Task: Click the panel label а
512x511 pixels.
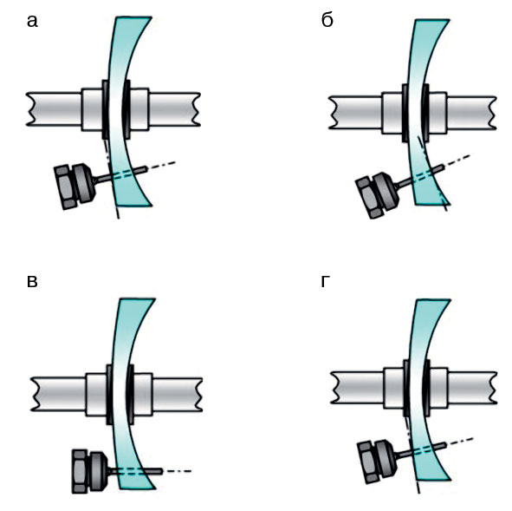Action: tap(32, 22)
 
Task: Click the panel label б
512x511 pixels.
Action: tap(327, 20)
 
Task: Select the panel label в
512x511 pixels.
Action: tap(32, 281)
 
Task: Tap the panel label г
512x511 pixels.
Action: tap(325, 281)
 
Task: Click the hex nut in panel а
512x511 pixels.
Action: tap(66, 187)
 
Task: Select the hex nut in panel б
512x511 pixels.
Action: tap(369, 197)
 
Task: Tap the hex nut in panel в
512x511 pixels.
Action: tap(81, 471)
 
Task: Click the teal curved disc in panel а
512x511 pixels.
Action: tap(121, 111)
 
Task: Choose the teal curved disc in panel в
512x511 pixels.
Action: tap(126, 392)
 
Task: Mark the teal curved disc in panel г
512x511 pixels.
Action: tap(422, 389)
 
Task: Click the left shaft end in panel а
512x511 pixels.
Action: tap(54, 109)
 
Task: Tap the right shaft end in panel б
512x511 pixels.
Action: tap(471, 113)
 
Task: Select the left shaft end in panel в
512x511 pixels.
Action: tap(58, 394)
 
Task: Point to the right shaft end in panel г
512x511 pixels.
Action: tap(472, 388)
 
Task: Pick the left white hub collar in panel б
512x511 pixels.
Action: tap(392, 113)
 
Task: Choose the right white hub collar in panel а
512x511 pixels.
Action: tap(139, 109)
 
